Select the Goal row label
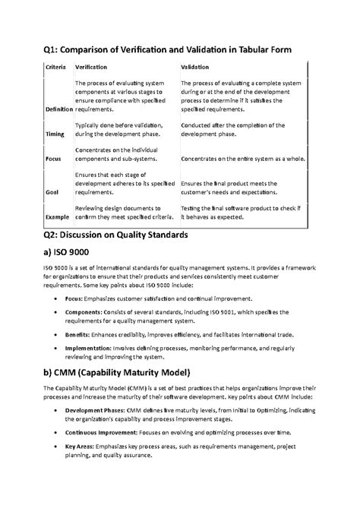tap(52, 192)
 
